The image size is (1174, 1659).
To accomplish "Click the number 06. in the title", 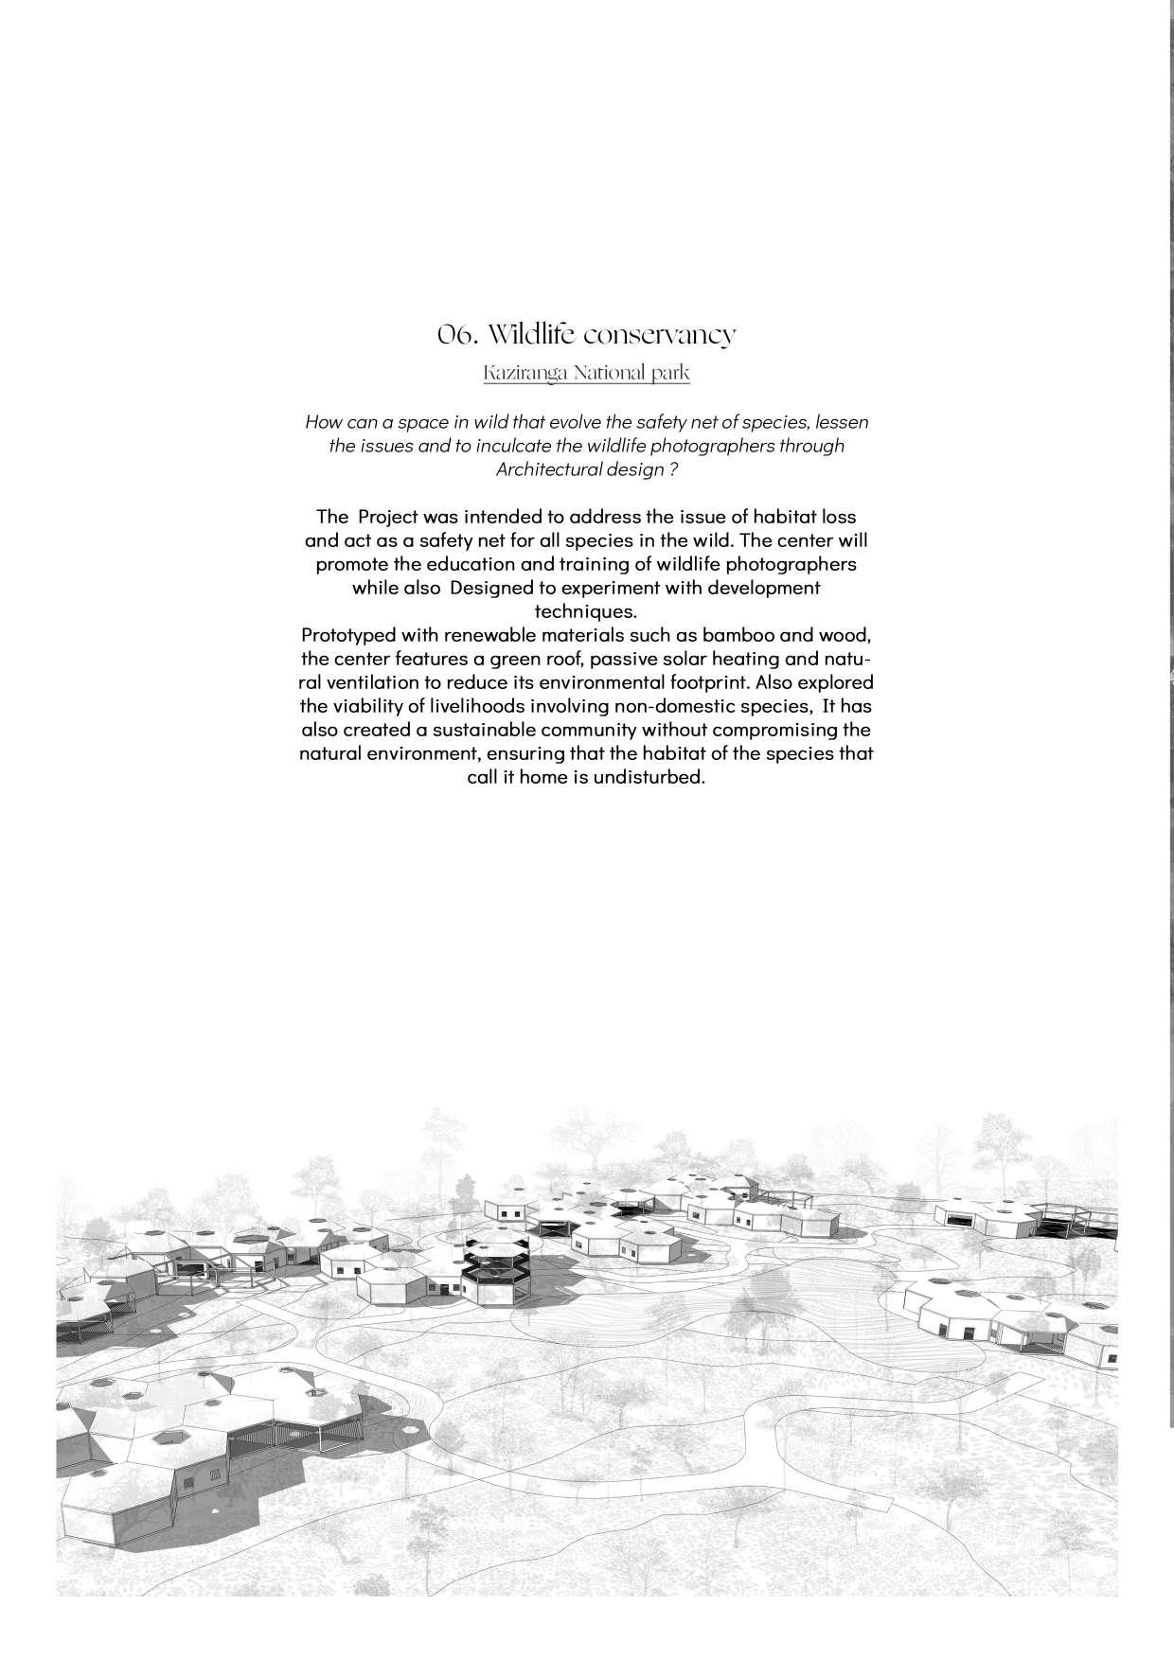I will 455,335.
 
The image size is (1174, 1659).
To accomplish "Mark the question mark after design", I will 672,469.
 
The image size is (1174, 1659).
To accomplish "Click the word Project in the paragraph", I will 388,517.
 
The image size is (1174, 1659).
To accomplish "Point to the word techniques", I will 586,611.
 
